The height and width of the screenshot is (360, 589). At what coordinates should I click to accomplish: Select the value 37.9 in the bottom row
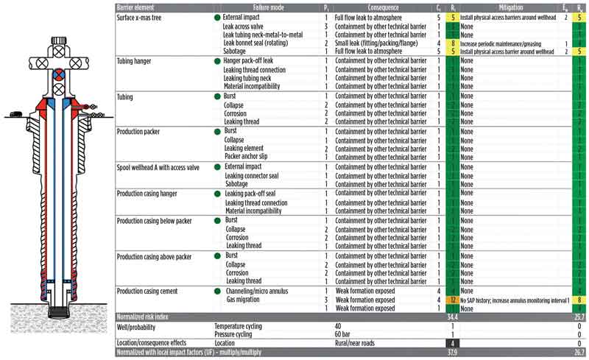443,352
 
